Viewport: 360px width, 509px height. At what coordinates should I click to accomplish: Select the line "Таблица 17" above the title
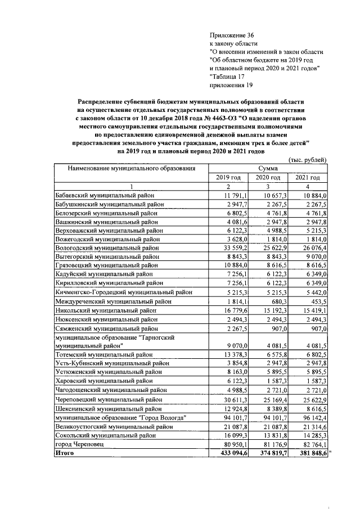[x=228, y=76]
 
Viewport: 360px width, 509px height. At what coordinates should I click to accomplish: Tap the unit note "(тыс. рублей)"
[x=307, y=160]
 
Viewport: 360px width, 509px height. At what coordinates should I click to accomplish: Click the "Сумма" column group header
[x=268, y=168]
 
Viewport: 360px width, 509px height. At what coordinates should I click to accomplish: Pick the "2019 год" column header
[x=228, y=178]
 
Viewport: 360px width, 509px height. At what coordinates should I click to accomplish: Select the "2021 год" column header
[x=307, y=178]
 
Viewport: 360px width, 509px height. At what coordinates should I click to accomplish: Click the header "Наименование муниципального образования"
[x=132, y=168]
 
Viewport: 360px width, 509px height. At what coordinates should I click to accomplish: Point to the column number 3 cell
[x=268, y=187]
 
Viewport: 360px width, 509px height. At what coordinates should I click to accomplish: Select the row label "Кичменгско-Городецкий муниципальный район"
[x=123, y=292]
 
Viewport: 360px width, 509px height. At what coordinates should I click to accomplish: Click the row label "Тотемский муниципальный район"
[x=102, y=354]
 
